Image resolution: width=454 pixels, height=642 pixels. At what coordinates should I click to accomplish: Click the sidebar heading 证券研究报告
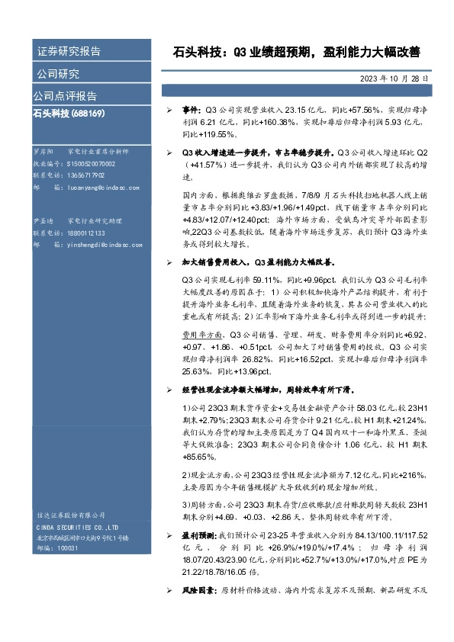pyautogui.click(x=69, y=52)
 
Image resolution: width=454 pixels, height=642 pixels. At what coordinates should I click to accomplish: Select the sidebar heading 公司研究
pyautogui.click(x=58, y=74)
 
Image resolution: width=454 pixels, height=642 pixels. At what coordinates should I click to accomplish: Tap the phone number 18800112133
pyautogui.click(x=85, y=233)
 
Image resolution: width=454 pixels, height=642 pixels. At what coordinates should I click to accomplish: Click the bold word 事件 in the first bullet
pyautogui.click(x=190, y=111)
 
